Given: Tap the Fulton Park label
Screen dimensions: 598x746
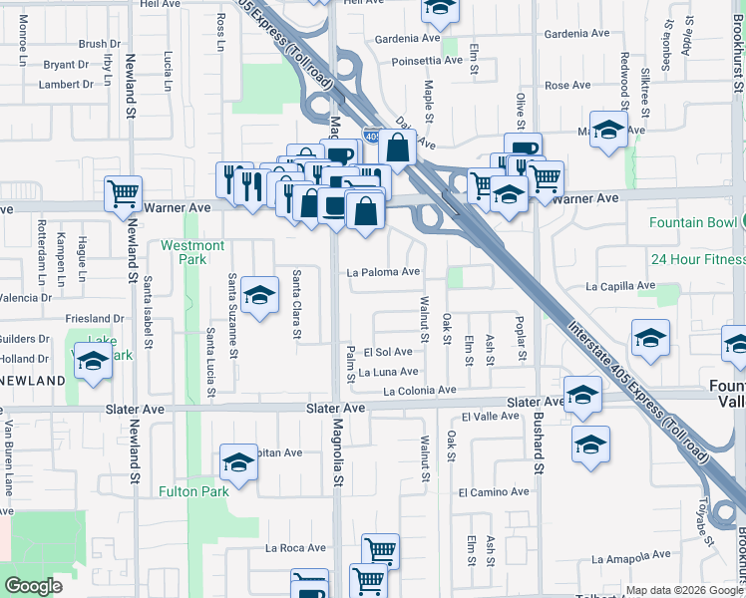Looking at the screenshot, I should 193,490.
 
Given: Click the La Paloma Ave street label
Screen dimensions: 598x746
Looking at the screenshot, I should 383,271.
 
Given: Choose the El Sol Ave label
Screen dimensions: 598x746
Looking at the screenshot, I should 388,352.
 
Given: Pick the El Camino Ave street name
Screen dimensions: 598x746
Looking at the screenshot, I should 494,491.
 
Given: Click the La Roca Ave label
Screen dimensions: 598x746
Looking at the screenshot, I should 295,547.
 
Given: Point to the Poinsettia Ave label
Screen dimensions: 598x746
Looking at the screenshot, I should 427,60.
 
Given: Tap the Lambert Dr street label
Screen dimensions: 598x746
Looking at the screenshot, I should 66,84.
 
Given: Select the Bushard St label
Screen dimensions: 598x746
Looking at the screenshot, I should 538,444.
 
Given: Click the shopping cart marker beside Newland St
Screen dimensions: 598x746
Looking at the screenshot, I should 124,192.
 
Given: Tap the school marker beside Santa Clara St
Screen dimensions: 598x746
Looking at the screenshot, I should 259,295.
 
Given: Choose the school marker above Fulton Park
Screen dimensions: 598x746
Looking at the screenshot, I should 238,461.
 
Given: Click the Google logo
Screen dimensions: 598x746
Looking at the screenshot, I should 33,586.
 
